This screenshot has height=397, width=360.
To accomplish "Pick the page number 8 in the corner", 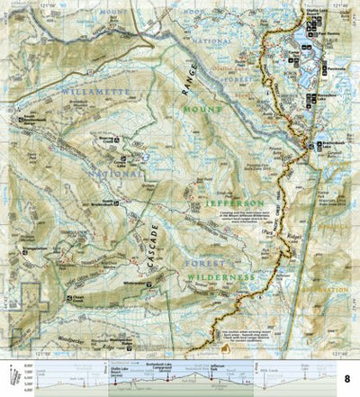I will click(347, 383).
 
